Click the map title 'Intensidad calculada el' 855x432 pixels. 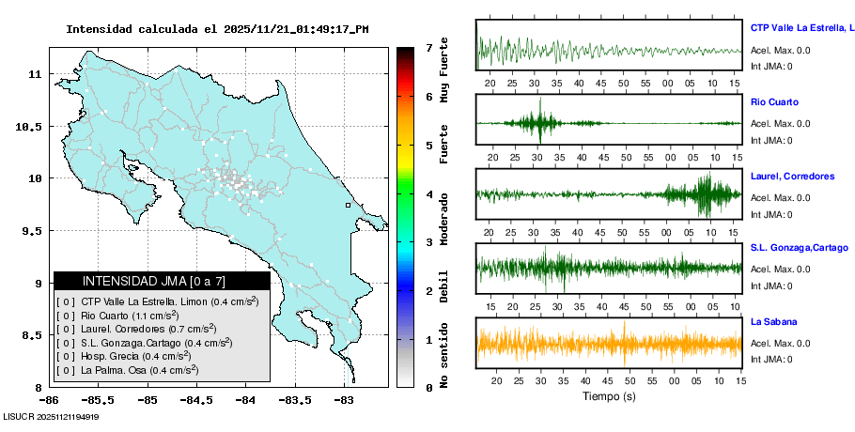(x=142, y=29)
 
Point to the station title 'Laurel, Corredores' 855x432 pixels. (x=792, y=176)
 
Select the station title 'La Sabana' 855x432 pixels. (x=774, y=321)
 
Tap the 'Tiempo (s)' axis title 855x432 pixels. (x=608, y=396)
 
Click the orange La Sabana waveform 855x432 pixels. (x=609, y=343)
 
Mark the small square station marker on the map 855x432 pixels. (x=348, y=205)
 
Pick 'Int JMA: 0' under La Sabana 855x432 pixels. (x=771, y=360)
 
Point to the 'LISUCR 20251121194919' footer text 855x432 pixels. (x=52, y=416)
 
